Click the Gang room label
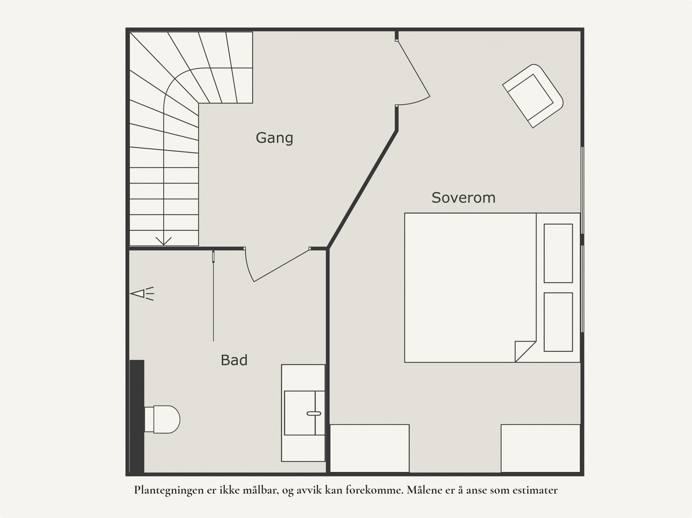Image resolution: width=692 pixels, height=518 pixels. click(274, 138)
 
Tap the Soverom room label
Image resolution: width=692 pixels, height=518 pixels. click(463, 198)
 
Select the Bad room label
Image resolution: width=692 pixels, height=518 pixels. click(234, 360)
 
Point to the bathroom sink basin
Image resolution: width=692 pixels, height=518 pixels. click(304, 412)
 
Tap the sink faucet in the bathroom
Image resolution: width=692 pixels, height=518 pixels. click(314, 413)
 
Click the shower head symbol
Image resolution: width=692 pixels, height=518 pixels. click(142, 294)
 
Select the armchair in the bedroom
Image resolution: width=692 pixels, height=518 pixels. click(533, 96)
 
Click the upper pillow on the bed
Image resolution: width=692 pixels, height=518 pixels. click(558, 253)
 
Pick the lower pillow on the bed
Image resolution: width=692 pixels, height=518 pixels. click(558, 322)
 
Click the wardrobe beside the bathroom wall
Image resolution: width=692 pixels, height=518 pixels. click(369, 448)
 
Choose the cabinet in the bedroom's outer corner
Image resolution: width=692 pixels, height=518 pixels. click(540, 448)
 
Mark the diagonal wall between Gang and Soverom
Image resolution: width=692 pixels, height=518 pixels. click(362, 189)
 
